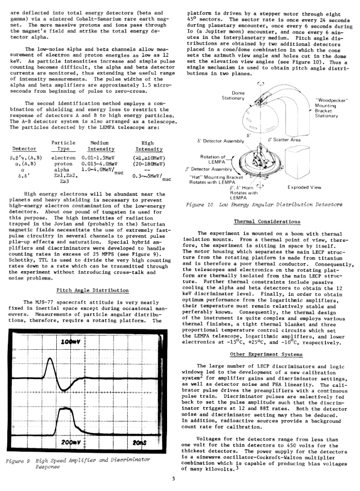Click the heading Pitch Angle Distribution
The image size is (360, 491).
(x=94, y=290)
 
